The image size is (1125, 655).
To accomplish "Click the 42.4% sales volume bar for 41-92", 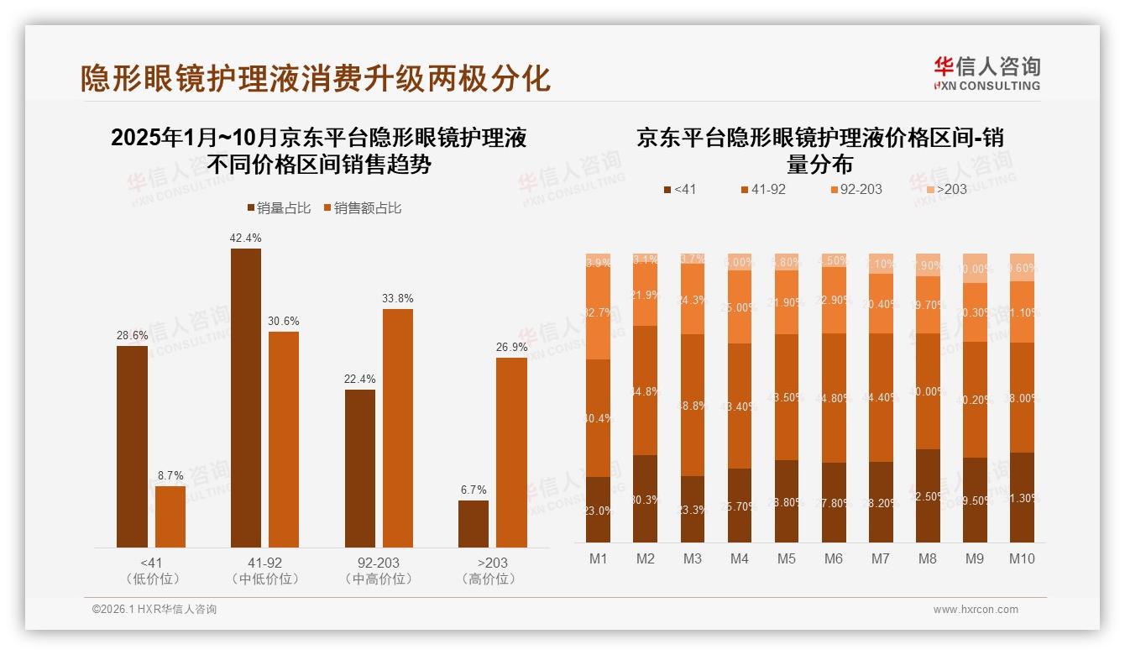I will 245,398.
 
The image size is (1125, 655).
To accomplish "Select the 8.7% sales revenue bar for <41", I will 170,516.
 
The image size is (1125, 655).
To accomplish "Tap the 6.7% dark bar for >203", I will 474,524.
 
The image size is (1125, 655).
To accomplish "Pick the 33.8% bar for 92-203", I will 398,428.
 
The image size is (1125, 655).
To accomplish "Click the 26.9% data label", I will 511,347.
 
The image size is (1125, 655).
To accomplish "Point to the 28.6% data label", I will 132,335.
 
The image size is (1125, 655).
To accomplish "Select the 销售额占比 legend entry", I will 362,208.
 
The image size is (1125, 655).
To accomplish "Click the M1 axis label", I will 598,559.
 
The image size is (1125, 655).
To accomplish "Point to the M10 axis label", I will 1022,559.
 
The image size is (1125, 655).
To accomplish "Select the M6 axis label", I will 834,559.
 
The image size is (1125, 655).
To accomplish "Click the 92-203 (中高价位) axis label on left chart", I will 379,570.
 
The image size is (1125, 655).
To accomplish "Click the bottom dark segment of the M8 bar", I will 928,495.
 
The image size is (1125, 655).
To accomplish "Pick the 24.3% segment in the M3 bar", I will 693,299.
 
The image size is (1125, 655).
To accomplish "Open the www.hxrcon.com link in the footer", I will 976,610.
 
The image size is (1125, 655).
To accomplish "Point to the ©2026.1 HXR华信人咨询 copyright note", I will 154,610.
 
